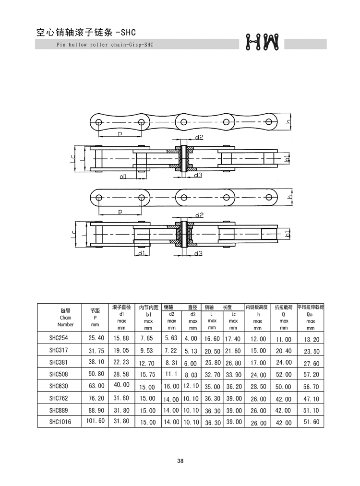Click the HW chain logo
[x=262, y=42]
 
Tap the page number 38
[x=180, y=461]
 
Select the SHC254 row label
[x=58, y=338]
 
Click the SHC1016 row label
[x=60, y=422]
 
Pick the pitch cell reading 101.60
[x=95, y=421]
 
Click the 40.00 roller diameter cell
[x=121, y=385]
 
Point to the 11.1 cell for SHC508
[x=171, y=374]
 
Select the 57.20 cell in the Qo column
[x=311, y=374]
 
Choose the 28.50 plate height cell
[x=258, y=387]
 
